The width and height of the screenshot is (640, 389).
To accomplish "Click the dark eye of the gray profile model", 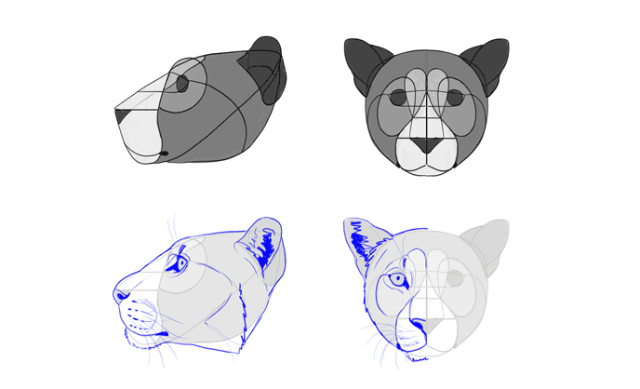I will pos(182,84).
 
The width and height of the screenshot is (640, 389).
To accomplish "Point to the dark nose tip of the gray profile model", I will pos(120,116).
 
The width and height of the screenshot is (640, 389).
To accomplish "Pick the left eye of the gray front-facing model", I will pos(399,97).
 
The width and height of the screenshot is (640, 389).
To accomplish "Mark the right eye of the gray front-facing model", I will pos(455,97).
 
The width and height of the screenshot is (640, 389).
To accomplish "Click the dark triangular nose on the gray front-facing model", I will pos(427,145).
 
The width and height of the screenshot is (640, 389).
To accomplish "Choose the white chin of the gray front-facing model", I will pos(427,164).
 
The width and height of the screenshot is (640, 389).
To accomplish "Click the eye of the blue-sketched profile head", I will pos(180,264).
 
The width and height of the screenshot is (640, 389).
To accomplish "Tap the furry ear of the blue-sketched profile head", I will pos(263,247).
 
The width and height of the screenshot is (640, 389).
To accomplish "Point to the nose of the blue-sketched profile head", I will pos(121,295).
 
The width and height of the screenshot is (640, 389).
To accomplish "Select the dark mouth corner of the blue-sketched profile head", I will pos(162,333).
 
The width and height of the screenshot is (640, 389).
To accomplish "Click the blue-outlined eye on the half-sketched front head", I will pos(398,278).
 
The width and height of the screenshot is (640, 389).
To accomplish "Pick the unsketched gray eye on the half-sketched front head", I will pos(455,278).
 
